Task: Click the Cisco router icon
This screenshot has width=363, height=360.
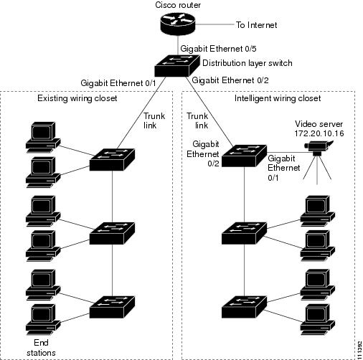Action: (178, 24)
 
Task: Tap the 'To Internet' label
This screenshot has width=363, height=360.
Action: (256, 25)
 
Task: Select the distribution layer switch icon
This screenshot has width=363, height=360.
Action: (177, 66)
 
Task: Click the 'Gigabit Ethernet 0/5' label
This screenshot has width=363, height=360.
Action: (218, 49)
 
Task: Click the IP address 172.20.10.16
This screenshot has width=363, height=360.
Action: (319, 133)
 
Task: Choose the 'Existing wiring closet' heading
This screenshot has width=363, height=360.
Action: (77, 98)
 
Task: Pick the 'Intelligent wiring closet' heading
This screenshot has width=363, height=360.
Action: (278, 98)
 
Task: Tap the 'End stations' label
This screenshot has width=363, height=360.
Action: (41, 348)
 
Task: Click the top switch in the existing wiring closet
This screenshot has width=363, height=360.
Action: (112, 159)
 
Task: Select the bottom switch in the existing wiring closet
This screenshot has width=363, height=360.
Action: (112, 307)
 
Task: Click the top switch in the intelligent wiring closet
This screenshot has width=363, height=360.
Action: (244, 156)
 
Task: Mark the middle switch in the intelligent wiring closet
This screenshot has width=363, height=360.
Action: (244, 233)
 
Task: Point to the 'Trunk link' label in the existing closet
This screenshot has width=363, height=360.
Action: (154, 120)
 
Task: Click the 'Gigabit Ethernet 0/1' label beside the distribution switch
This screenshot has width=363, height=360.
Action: (118, 83)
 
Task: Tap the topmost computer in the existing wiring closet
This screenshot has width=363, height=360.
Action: (43, 137)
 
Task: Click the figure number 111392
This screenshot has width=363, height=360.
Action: (359, 350)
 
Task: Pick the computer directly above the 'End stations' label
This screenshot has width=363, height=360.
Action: (43, 320)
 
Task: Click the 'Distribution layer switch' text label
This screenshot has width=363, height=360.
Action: (247, 63)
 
